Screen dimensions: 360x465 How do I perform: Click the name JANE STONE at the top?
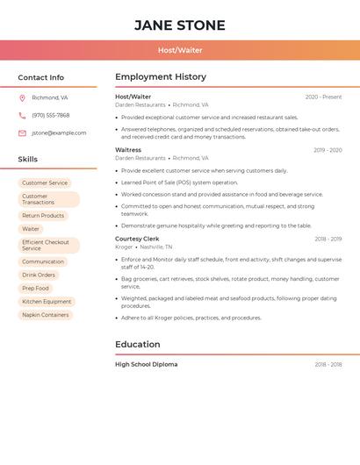(x=180, y=25)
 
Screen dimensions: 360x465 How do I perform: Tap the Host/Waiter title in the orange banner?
(x=180, y=50)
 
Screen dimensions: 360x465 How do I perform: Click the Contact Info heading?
(x=40, y=77)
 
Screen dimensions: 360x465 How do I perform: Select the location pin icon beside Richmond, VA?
(x=22, y=97)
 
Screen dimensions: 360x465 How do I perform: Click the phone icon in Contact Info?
(x=22, y=115)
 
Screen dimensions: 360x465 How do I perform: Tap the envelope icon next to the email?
(x=22, y=133)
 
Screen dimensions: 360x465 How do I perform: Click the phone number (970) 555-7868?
(x=51, y=115)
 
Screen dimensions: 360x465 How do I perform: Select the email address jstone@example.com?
(x=59, y=133)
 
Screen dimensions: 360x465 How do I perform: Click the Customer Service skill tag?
(x=45, y=182)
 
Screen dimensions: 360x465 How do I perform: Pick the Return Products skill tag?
(x=43, y=215)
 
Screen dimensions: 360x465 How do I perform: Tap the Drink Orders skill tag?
(x=39, y=275)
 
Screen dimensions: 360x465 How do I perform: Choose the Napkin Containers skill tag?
(x=46, y=314)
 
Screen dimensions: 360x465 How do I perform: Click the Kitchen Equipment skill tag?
(x=47, y=301)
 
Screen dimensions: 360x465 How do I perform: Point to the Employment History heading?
(x=161, y=77)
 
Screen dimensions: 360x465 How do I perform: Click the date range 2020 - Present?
(x=323, y=97)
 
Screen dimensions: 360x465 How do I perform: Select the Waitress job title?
(x=128, y=150)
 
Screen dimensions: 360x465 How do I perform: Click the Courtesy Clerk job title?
(x=137, y=239)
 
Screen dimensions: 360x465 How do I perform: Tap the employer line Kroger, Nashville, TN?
(x=144, y=247)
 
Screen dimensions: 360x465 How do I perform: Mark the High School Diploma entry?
(x=146, y=364)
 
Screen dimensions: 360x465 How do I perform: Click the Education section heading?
(x=137, y=344)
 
